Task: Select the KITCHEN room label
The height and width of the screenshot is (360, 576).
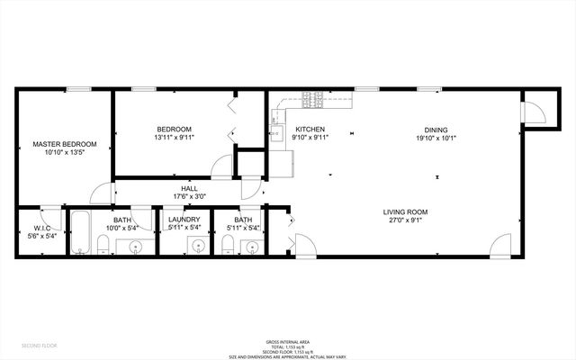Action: tap(310, 130)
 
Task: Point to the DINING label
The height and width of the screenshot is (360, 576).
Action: tap(436, 130)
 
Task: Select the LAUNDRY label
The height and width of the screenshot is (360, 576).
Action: tap(184, 220)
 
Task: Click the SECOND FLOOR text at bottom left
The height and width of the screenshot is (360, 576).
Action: tap(40, 345)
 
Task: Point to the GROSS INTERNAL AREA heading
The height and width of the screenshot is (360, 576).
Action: tap(287, 342)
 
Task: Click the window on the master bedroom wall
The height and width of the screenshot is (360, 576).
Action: tap(78, 88)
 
